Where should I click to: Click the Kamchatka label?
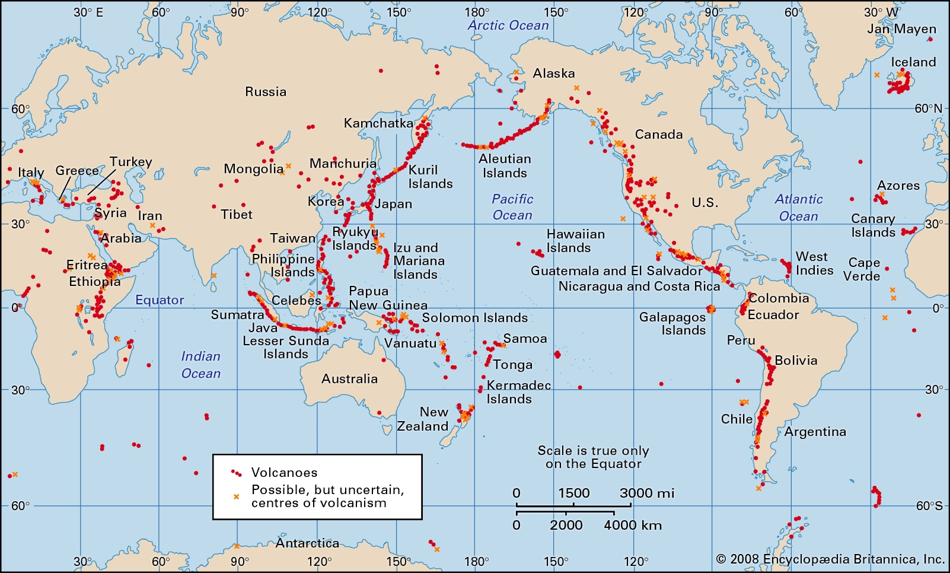click(x=378, y=123)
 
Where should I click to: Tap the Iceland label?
click(x=913, y=62)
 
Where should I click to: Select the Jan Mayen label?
click(x=901, y=29)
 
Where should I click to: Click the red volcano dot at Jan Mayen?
click(x=930, y=40)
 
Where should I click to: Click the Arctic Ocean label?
click(x=508, y=26)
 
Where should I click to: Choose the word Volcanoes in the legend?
click(x=284, y=473)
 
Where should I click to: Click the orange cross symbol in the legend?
click(x=236, y=496)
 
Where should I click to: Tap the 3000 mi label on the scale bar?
click(x=647, y=493)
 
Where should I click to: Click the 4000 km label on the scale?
click(x=633, y=525)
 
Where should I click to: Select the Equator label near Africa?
click(x=160, y=300)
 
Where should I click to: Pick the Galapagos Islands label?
click(x=672, y=323)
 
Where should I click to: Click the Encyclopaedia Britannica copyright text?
click(x=830, y=559)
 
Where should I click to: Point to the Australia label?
click(x=349, y=378)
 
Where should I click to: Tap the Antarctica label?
click(x=307, y=543)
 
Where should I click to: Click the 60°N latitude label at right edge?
click(x=928, y=109)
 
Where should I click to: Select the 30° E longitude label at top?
click(x=88, y=12)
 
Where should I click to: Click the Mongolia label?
click(x=253, y=169)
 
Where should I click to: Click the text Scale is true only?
click(x=593, y=451)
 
